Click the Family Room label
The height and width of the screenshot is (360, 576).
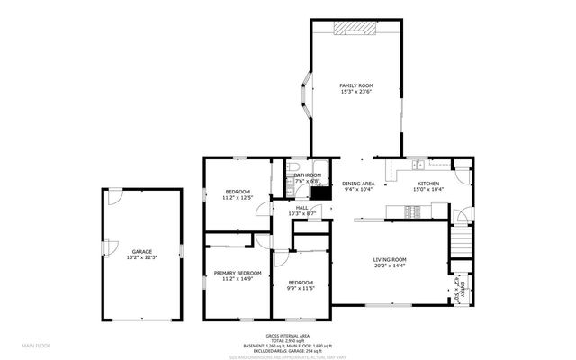355,85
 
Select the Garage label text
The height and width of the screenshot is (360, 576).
141,251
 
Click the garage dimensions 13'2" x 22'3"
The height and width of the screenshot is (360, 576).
141,257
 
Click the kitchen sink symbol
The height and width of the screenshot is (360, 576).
418,165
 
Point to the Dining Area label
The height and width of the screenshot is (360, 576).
358,184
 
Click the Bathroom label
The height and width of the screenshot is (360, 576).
307,175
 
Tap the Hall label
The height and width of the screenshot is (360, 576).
302,206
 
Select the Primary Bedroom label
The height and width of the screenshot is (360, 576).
238,273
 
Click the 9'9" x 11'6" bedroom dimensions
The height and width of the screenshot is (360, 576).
301,287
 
